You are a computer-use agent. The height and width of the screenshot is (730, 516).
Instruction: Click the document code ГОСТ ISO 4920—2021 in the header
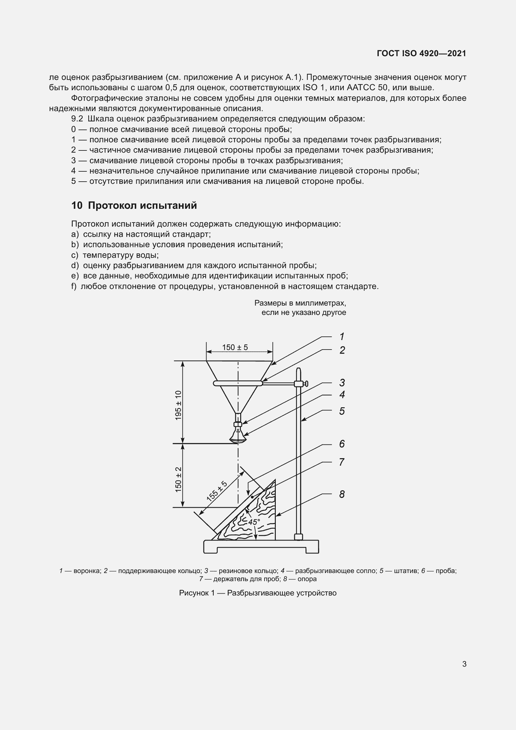[421, 53]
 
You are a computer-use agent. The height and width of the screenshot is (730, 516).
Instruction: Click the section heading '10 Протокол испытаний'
[134, 206]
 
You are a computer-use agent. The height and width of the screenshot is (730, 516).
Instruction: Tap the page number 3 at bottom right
[464, 664]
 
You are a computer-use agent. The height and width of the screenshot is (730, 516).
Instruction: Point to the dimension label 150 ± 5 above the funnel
[235, 347]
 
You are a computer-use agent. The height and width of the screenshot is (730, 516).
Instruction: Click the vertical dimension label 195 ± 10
[178, 405]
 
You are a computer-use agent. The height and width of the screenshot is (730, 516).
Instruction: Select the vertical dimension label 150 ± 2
[178, 479]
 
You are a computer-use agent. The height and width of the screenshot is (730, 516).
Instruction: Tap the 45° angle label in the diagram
[254, 522]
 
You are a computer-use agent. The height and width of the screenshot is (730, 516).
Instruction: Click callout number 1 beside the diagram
[342, 336]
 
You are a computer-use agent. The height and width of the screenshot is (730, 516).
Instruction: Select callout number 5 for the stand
[342, 411]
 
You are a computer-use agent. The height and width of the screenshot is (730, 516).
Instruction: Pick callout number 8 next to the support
[342, 494]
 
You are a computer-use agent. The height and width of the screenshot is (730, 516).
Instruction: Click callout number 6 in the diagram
[342, 444]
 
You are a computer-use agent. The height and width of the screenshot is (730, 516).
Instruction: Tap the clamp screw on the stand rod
[305, 384]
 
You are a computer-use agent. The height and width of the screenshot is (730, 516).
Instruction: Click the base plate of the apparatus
[261, 546]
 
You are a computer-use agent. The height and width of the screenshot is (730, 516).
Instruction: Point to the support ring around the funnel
[238, 384]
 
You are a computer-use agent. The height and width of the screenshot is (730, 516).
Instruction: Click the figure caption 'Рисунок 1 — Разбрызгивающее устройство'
[258, 593]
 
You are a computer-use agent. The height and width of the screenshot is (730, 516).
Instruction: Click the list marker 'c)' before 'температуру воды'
[74, 255]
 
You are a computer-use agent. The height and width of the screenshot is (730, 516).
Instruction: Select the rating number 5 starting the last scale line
[73, 181]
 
